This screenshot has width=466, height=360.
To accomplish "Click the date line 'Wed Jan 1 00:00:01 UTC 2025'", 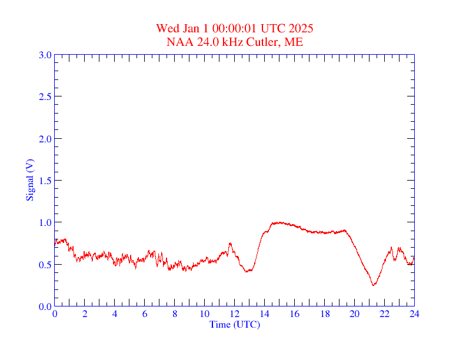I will [x=234, y=28].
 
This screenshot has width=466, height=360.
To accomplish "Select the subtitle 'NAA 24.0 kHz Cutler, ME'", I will [x=234, y=42].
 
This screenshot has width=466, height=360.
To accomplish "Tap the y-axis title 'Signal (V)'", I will [x=29, y=179].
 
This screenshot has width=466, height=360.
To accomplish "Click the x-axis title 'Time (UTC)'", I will [x=234, y=324].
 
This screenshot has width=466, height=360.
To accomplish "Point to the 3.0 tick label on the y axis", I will [x=45, y=55].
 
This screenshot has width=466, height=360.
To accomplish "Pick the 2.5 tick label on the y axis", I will [x=45, y=97].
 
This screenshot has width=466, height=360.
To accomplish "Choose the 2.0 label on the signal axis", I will [x=45, y=139].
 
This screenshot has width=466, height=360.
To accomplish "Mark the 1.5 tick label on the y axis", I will [x=45, y=181].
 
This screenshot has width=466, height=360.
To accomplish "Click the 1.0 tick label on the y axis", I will [x=45, y=222].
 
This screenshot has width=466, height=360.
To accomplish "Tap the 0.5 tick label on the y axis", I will [x=45, y=265].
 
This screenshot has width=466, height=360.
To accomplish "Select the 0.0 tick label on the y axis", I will [x=45, y=306].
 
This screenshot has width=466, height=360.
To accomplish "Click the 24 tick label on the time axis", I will [x=414, y=314].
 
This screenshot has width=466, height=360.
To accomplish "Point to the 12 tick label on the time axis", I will [x=234, y=314].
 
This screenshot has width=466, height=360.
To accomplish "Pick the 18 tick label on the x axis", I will [x=324, y=314].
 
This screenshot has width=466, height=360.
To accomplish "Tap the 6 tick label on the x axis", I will [x=145, y=314].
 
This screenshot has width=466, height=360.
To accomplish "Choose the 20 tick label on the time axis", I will [x=354, y=314].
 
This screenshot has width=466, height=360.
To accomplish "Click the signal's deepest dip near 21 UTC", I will [x=373, y=285].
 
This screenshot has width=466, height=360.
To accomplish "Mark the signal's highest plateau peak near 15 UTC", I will [x=279, y=222].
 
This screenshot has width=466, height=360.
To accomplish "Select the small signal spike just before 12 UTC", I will [x=230, y=243].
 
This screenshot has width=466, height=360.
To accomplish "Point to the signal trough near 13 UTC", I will [x=248, y=271].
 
